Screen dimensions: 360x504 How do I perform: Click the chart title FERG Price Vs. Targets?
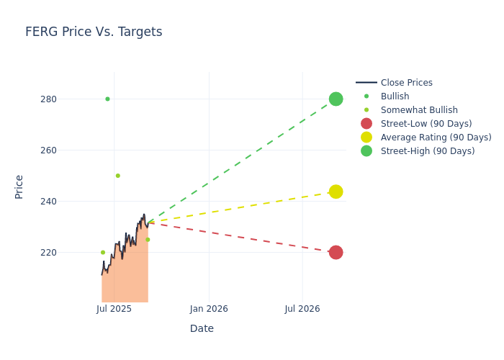[94, 32]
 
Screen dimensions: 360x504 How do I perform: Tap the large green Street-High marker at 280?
[336, 99]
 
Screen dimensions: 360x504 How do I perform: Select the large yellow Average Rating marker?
[336, 192]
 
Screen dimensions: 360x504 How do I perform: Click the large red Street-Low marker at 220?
[336, 252]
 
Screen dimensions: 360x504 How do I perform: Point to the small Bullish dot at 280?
[107, 99]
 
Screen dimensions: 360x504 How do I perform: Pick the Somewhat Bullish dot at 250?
[117, 176]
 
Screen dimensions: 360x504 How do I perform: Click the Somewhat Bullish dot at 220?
[102, 252]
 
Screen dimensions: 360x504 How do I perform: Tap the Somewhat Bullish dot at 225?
[148, 240]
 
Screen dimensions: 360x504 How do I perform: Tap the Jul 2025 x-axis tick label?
[114, 309]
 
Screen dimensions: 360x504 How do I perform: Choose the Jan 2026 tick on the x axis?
[209, 309]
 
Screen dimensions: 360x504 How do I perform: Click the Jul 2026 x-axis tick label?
[302, 309]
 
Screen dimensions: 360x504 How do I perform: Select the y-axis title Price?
[19, 186]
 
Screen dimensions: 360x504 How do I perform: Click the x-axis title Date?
[202, 328]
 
